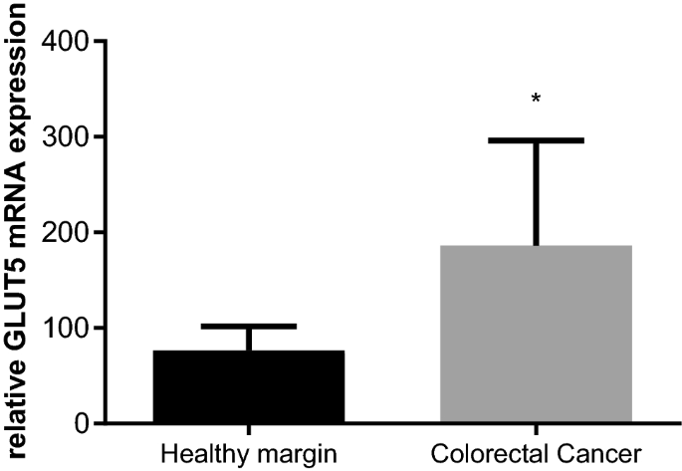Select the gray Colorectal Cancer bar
click(536, 334)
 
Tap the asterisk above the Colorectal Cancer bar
click(536, 99)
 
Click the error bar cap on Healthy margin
click(248, 326)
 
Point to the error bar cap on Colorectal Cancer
click(536, 140)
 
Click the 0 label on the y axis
click(80, 424)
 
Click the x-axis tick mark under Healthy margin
click(248, 430)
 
